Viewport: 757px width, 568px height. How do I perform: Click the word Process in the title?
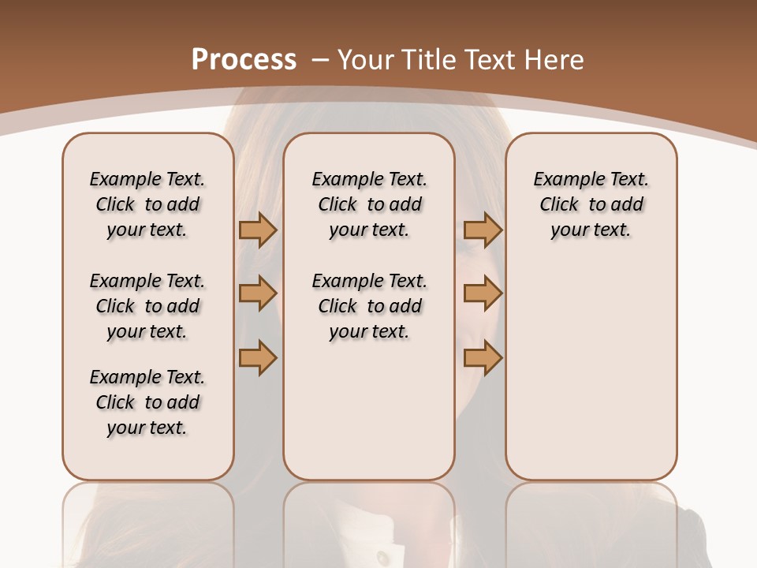(244, 60)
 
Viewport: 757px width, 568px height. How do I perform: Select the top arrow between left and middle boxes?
(258, 230)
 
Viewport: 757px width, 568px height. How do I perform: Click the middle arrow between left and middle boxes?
(258, 294)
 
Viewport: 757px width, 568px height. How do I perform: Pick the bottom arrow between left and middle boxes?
(258, 357)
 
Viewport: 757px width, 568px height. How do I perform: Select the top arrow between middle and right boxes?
(483, 230)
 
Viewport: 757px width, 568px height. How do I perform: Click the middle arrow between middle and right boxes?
(483, 294)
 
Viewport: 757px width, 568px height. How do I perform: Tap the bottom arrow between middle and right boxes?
(483, 357)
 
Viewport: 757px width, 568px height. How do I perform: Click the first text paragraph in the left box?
(147, 204)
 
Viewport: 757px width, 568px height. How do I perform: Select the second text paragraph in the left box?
(147, 306)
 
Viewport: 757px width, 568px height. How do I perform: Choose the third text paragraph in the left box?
(147, 402)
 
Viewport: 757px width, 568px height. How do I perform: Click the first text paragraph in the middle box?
(369, 204)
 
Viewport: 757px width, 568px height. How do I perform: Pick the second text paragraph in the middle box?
(369, 306)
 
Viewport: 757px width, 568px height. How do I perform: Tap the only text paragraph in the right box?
(591, 204)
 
